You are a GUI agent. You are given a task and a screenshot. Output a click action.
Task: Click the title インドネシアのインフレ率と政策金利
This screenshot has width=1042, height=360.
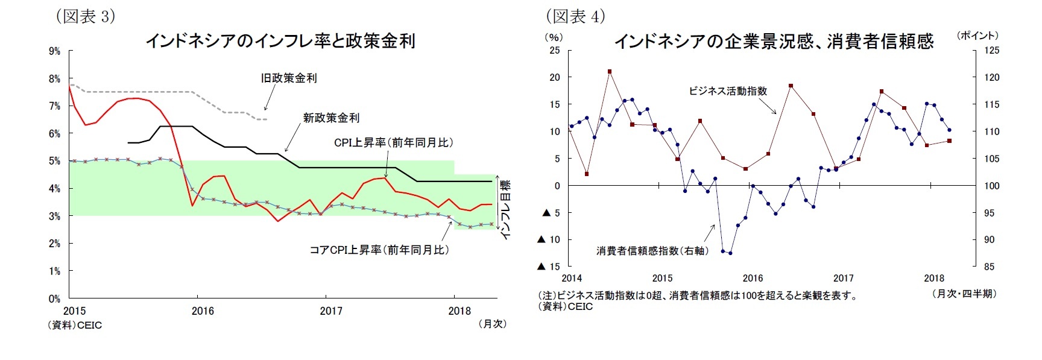(x=280, y=41)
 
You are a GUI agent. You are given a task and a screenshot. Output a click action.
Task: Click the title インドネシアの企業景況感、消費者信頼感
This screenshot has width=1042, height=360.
(x=774, y=41)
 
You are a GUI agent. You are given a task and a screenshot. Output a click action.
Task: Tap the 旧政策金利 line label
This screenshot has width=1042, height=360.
(x=289, y=78)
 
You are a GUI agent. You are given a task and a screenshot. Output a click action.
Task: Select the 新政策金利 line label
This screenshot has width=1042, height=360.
(x=331, y=118)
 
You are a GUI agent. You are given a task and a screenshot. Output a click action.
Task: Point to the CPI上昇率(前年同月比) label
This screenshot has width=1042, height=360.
(x=393, y=142)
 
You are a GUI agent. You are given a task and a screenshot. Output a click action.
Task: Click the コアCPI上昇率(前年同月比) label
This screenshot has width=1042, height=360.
(x=379, y=250)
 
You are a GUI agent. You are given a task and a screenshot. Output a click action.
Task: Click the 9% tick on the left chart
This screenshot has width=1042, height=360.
(x=55, y=51)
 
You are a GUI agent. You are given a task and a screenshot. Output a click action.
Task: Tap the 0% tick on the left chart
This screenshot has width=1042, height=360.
(x=55, y=298)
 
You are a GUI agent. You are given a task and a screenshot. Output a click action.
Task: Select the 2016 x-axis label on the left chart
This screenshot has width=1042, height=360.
(x=203, y=311)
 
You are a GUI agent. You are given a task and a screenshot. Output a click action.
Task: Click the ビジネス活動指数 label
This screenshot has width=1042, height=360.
(x=728, y=91)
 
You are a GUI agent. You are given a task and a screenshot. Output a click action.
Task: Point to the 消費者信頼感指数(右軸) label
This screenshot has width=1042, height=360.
(x=652, y=250)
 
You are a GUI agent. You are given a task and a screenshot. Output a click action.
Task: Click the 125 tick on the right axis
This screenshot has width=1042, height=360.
(x=991, y=51)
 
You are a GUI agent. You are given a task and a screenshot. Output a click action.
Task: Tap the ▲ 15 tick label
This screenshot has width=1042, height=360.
(x=549, y=267)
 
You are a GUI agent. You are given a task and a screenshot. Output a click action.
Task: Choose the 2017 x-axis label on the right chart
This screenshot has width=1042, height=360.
(x=843, y=278)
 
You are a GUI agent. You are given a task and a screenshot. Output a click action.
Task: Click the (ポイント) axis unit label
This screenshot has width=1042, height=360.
(x=977, y=36)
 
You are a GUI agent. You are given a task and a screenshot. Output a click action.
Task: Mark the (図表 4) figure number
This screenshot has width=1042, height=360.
(x=575, y=16)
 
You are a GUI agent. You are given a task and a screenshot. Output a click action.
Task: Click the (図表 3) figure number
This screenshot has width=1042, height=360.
(x=85, y=16)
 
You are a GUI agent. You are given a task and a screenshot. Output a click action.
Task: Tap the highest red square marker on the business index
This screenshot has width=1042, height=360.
(x=610, y=71)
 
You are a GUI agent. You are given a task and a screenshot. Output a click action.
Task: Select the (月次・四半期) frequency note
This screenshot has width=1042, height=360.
(x=964, y=294)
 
